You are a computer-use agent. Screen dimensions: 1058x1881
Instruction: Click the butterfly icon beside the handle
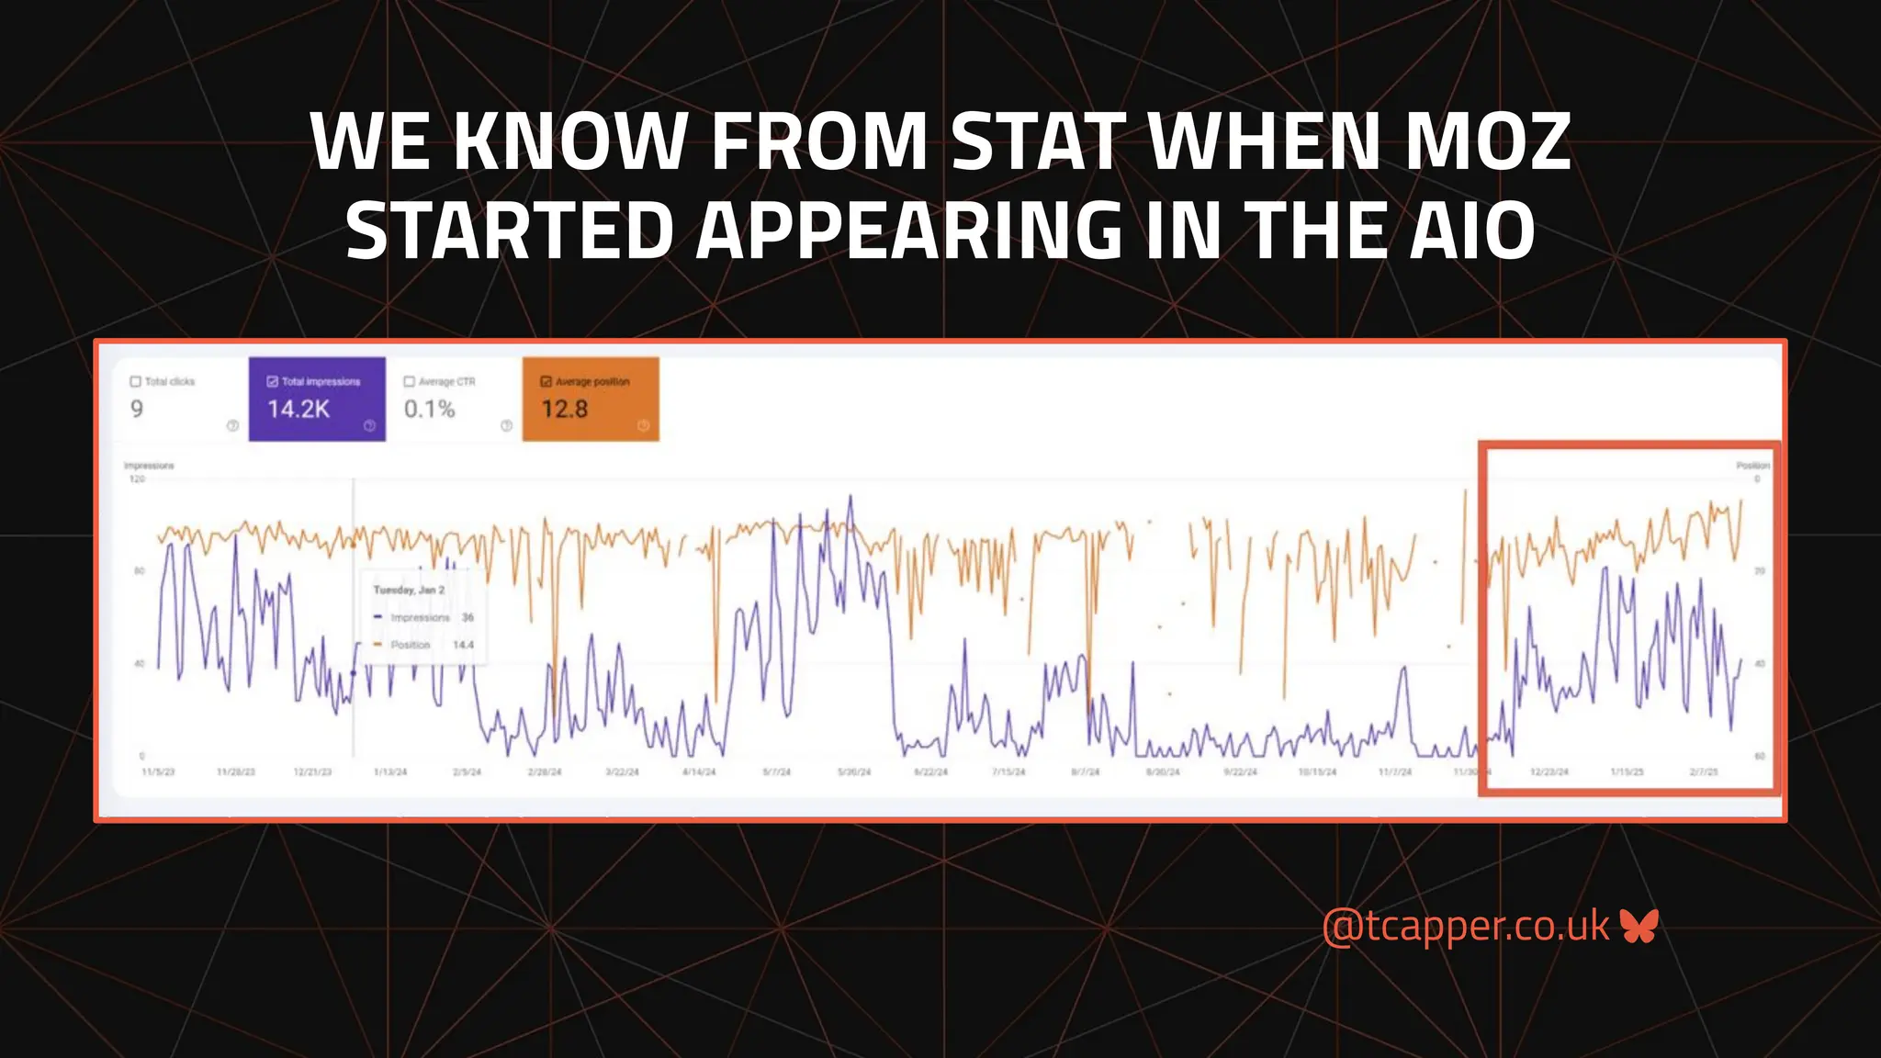1639,926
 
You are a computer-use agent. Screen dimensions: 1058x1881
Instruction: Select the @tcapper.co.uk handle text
1465,926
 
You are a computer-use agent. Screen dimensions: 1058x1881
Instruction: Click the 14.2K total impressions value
298,410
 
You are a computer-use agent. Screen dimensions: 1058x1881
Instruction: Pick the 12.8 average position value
564,410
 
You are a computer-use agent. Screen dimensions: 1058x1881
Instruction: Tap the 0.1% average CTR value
429,410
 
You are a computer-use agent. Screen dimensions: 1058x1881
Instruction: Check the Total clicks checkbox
136,381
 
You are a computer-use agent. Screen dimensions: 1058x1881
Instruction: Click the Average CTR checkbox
410,381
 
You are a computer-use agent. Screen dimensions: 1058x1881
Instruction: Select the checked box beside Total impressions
272,381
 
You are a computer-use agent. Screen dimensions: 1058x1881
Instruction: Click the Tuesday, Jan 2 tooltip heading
409,590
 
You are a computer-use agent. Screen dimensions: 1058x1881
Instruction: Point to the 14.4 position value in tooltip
463,645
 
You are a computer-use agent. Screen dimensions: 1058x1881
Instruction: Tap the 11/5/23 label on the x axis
158,772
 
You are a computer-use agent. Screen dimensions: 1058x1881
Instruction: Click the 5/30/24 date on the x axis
853,772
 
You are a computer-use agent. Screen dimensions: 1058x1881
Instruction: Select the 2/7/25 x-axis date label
1704,772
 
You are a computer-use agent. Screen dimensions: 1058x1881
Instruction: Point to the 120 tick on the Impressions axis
137,478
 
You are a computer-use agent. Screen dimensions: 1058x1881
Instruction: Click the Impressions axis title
149,466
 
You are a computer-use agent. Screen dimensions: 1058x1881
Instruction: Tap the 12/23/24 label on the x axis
1549,772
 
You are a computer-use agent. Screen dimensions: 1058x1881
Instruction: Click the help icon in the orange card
643,425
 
